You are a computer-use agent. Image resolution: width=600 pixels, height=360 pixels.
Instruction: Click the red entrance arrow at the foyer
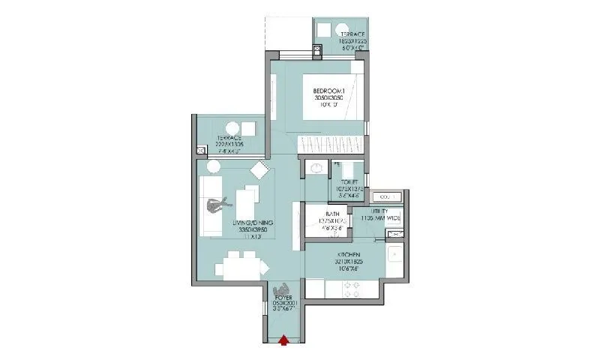coord(283,341)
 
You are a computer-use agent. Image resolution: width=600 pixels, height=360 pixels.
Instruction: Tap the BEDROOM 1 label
coord(328,91)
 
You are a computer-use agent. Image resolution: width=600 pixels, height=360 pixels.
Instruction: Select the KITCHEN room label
coord(339,256)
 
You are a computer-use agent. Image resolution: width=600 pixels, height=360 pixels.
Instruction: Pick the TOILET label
coord(348,181)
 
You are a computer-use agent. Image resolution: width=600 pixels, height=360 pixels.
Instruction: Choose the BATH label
coord(333,213)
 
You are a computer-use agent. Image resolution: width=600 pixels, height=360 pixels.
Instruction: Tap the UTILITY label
coord(379,211)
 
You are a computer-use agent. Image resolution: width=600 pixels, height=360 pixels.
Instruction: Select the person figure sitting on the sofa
coord(217,204)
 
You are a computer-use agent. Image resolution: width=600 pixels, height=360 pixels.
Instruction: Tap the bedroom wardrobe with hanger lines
coord(331,144)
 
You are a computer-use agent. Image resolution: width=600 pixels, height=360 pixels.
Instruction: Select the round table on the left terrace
coord(232,127)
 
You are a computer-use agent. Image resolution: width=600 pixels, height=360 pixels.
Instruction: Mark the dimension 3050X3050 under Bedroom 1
coord(328,98)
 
